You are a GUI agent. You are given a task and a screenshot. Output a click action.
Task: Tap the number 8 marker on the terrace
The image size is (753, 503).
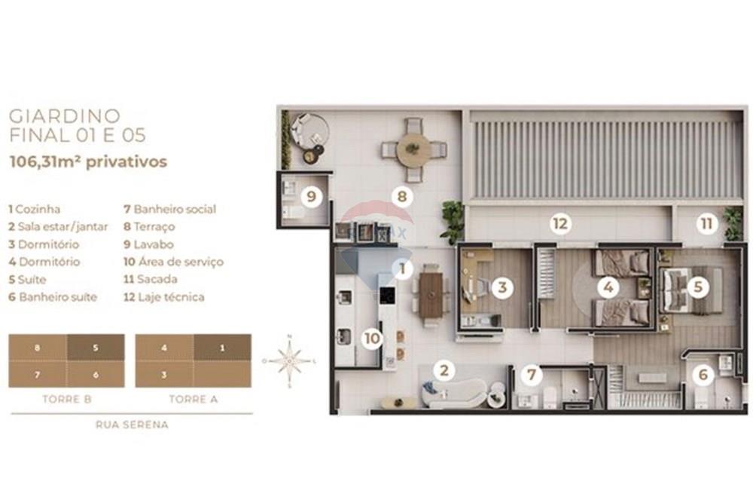(403, 198)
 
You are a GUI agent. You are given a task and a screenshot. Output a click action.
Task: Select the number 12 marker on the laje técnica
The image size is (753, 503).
(559, 223)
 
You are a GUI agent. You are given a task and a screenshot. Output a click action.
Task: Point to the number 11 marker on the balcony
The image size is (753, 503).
(706, 223)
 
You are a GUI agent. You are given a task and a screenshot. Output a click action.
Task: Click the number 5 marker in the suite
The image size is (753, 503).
(698, 287)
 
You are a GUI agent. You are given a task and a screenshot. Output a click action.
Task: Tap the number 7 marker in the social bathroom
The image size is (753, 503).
(532, 373)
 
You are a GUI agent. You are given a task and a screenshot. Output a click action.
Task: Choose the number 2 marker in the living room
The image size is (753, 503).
(444, 370)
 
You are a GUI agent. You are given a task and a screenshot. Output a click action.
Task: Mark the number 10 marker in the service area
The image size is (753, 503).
(372, 339)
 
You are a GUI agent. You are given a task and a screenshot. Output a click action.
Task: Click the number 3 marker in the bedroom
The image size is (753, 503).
(502, 287)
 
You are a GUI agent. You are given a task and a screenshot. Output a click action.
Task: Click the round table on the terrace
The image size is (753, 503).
(413, 150)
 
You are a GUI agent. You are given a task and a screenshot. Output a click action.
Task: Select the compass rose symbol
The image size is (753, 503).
(290, 361)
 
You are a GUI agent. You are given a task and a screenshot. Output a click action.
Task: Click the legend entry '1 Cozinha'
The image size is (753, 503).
(35, 210)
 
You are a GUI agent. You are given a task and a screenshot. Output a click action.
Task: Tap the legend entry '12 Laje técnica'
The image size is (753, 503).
(163, 297)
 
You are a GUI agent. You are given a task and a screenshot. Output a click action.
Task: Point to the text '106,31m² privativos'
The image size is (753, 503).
(87, 161)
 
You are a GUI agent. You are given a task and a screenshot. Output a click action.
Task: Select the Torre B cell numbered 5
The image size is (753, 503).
(96, 348)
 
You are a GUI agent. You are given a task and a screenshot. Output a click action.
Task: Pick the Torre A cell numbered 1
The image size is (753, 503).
(222, 348)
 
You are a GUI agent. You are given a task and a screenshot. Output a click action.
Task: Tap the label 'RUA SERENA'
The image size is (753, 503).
(132, 425)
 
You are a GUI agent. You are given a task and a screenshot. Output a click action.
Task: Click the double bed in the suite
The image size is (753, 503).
(689, 290)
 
